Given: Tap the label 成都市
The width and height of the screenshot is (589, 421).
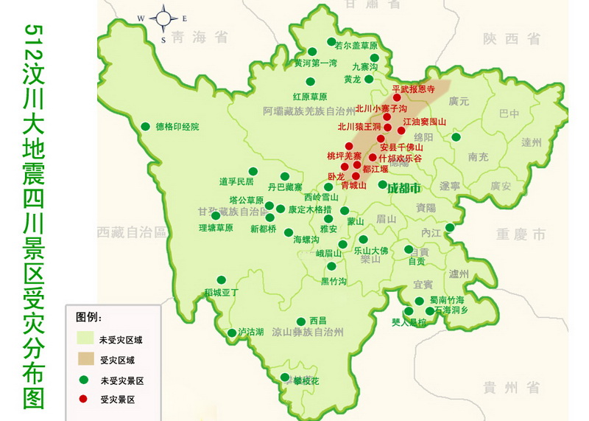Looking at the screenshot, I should coord(403,187).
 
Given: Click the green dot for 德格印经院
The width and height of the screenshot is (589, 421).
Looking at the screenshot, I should coord(146,126).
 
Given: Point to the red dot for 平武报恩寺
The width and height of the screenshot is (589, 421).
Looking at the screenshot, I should coord(397,97).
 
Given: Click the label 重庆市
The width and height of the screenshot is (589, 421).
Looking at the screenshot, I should coord(521,234).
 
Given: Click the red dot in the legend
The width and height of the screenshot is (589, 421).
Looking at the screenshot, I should coord(85,400).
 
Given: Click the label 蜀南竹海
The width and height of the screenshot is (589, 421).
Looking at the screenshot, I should coord(447,299).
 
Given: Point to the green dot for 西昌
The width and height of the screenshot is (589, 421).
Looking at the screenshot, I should coord(301,321).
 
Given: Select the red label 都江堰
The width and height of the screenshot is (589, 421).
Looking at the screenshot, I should coord(376,169).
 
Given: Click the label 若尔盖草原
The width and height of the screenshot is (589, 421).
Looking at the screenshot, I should coord(359,45).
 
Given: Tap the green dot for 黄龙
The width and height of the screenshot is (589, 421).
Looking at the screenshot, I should coord(369,79).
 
